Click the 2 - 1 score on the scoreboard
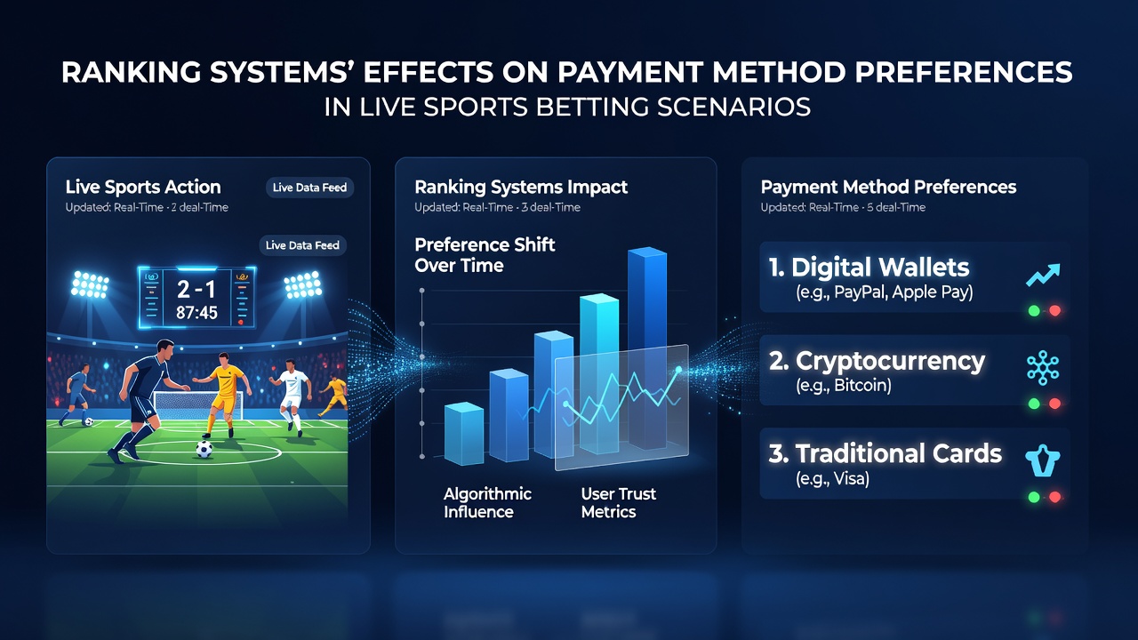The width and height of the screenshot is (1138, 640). (x=196, y=290)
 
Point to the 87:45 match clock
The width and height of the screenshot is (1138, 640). (x=196, y=312)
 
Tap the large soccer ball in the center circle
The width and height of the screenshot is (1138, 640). (x=204, y=449)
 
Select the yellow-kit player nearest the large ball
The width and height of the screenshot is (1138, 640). (x=223, y=395)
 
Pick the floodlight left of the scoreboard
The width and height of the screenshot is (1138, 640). (x=90, y=285)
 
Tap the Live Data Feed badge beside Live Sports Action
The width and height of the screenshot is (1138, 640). (x=309, y=188)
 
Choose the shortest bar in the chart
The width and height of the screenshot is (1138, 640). (x=464, y=434)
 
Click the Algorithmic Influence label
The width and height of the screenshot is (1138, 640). (x=487, y=502)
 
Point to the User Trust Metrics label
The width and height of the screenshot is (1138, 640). (x=618, y=502)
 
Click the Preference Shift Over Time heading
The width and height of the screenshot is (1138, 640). (x=485, y=255)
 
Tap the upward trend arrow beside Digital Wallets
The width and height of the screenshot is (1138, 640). (x=1043, y=275)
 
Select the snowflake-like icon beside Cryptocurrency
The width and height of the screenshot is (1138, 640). (x=1043, y=367)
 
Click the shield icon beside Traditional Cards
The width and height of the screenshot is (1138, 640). (x=1043, y=461)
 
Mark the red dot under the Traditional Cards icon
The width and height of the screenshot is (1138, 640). (x=1055, y=497)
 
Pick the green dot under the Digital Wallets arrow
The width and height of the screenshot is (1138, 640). (x=1034, y=311)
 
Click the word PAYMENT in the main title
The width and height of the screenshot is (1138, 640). (x=630, y=72)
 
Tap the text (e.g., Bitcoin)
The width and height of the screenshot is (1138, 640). (x=844, y=386)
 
